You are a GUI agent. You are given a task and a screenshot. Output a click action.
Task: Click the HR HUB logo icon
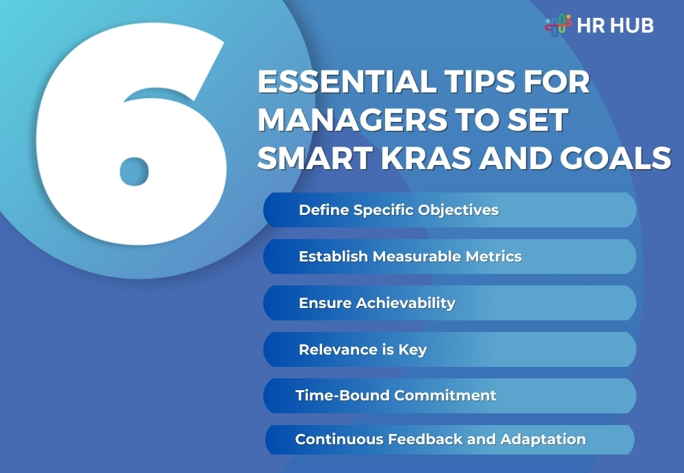[x=558, y=25]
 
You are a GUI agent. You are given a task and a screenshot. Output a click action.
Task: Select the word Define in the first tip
[x=324, y=209]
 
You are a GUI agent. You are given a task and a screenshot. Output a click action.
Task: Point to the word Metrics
[x=495, y=256]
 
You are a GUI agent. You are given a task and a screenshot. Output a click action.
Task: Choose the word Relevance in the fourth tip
[x=330, y=349]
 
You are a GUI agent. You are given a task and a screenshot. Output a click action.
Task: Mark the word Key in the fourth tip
[x=413, y=350]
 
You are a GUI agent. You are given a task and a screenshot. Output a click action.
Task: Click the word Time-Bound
[x=334, y=396]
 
